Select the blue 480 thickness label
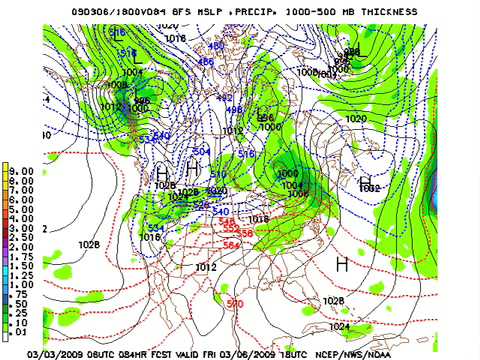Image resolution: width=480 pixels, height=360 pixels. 217,46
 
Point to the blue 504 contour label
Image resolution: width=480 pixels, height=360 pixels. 201,151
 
